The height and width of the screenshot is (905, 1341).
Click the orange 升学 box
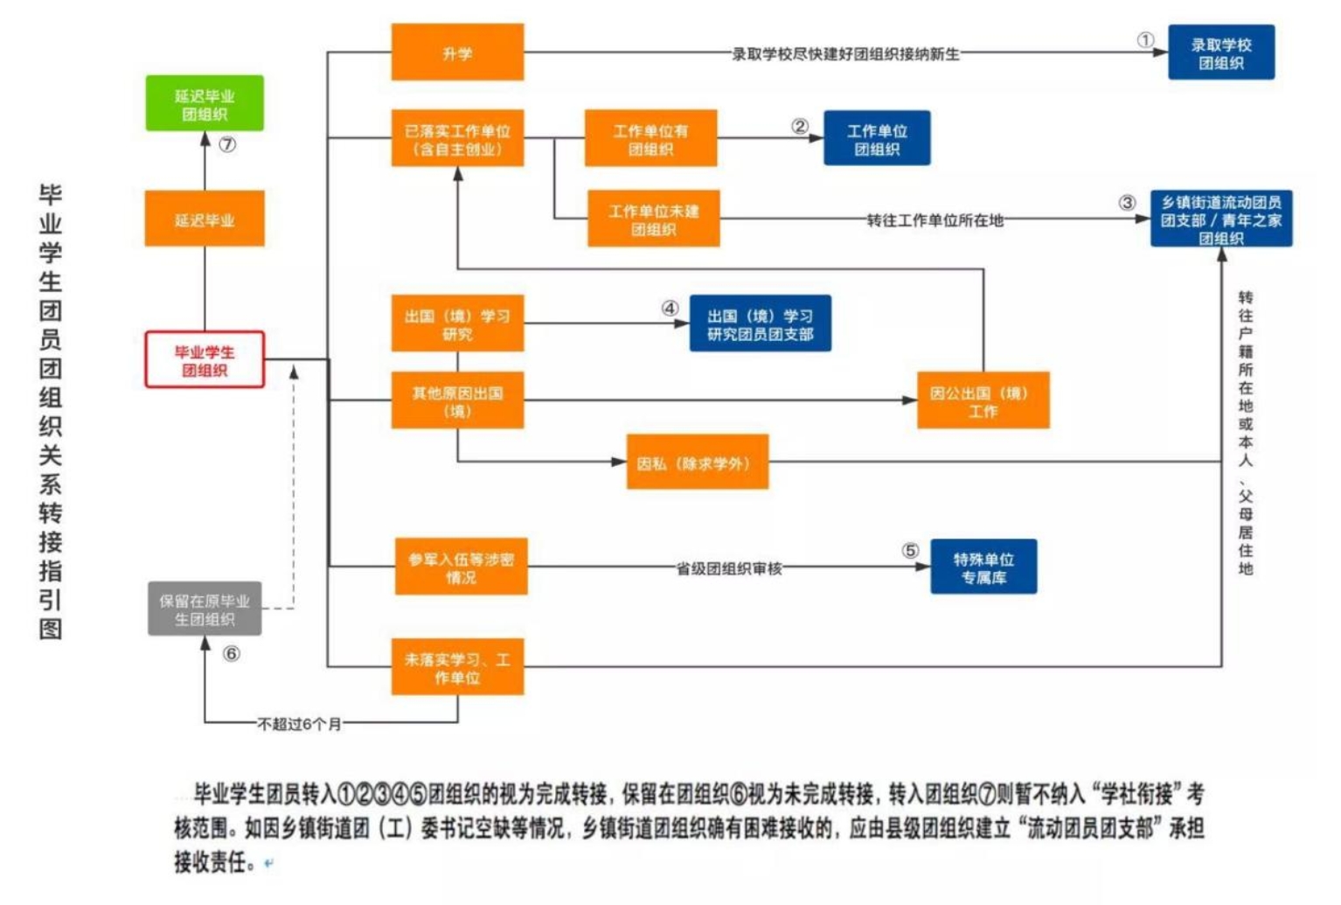pyautogui.click(x=457, y=52)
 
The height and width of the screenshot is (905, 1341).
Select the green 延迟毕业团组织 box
pyautogui.click(x=205, y=104)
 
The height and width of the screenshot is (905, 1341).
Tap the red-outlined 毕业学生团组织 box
pyautogui.click(x=205, y=359)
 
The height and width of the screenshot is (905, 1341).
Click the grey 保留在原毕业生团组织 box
pyautogui.click(x=205, y=609)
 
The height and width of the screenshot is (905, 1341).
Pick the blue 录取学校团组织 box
pyautogui.click(x=1220, y=52)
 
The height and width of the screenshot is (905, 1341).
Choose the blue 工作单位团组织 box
pyautogui.click(x=876, y=138)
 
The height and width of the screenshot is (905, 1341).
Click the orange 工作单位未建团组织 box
pyautogui.click(x=653, y=219)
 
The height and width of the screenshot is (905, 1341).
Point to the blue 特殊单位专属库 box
pyautogui.click(x=983, y=567)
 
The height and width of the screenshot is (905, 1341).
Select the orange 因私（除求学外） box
pyautogui.click(x=697, y=462)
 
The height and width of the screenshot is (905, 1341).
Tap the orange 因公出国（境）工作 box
pyautogui.click(x=983, y=400)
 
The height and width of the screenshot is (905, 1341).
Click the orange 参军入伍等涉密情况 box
pyautogui.click(x=461, y=567)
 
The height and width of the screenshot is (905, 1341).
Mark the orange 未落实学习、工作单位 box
pyautogui.click(x=457, y=667)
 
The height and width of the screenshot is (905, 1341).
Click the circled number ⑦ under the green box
pyautogui.click(x=227, y=145)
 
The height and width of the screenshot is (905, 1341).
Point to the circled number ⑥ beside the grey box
pyautogui.click(x=232, y=653)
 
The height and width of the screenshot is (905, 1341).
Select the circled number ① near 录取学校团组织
pyautogui.click(x=1145, y=40)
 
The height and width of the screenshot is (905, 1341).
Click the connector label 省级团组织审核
pyautogui.click(x=729, y=568)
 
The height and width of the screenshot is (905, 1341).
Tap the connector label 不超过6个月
pyautogui.click(x=299, y=724)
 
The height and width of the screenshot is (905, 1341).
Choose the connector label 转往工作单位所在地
pyautogui.click(x=935, y=220)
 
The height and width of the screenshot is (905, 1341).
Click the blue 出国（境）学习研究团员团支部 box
pyautogui.click(x=760, y=324)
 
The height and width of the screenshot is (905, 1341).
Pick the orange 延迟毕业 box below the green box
pyautogui.click(x=205, y=219)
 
